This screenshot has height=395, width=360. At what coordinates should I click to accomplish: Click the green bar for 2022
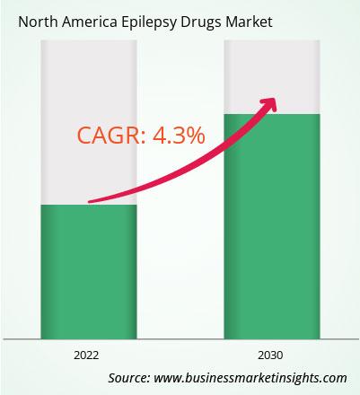[89, 272]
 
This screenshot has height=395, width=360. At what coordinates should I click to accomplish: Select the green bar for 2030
[272, 226]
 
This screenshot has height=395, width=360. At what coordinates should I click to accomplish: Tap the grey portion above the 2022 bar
[89, 122]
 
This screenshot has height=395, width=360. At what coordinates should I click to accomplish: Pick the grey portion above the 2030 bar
[272, 77]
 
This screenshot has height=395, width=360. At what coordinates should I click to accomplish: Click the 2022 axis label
[86, 355]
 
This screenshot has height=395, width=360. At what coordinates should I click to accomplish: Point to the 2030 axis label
[270, 355]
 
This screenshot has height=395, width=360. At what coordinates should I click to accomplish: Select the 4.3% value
[179, 136]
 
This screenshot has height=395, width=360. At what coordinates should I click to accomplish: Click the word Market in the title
[250, 22]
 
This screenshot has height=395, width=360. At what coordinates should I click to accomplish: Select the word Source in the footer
[129, 378]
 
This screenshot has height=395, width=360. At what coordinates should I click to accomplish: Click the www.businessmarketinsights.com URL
[250, 378]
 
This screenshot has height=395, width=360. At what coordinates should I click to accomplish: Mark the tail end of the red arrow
[89, 202]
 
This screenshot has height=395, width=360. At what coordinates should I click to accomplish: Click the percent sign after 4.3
[195, 136]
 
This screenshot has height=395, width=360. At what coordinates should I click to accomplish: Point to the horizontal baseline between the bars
[180, 339]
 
